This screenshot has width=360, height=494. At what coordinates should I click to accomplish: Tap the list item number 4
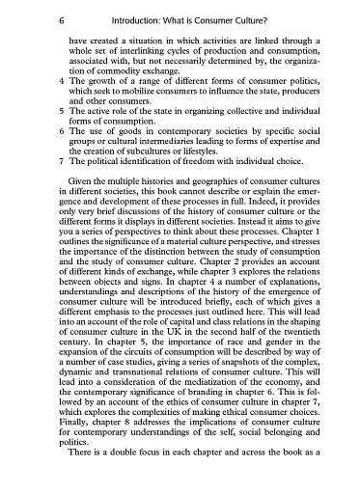tap(60, 81)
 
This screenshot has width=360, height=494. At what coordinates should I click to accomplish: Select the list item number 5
tap(60, 112)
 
